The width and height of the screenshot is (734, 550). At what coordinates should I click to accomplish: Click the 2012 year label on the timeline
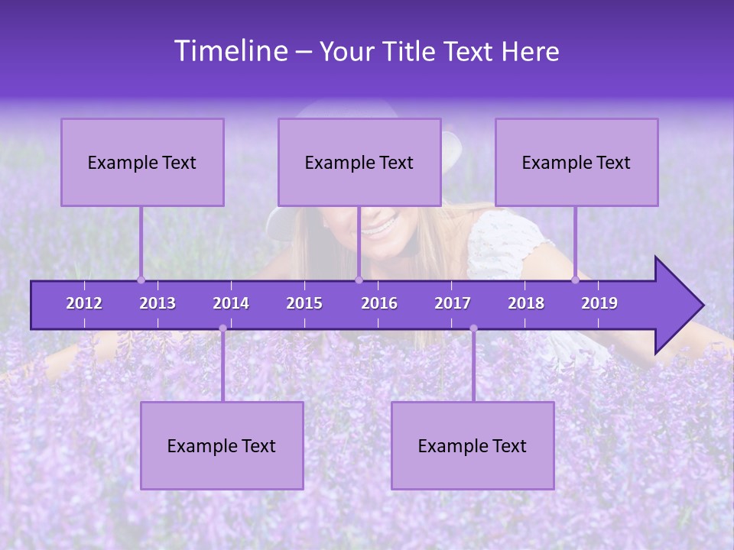point(84,303)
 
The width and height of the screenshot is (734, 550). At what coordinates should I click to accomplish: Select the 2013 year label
point(158,303)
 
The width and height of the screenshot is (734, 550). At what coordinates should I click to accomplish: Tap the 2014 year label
point(231,303)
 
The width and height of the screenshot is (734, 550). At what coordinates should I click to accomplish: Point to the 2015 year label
point(304,303)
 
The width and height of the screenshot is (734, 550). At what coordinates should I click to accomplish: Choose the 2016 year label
point(379,303)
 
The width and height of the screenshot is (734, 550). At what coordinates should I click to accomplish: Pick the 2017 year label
point(453,303)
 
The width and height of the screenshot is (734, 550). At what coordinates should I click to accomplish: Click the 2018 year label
point(526,303)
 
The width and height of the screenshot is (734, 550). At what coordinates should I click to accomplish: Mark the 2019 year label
point(599,303)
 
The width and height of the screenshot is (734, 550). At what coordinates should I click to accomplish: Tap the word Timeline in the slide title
point(230,51)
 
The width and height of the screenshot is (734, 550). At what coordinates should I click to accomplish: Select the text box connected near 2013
point(142,162)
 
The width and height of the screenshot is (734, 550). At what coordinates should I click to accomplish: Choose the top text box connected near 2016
point(359,162)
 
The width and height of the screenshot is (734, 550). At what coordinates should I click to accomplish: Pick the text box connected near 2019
point(576,162)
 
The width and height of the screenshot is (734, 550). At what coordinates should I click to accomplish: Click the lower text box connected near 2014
point(222,445)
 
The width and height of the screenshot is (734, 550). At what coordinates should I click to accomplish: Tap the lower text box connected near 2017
point(473,445)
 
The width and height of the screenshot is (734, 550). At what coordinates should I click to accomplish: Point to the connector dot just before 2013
point(141,280)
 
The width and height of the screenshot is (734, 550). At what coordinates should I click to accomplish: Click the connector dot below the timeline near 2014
point(222,328)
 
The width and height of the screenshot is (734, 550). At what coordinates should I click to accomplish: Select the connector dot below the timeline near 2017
point(473,328)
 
